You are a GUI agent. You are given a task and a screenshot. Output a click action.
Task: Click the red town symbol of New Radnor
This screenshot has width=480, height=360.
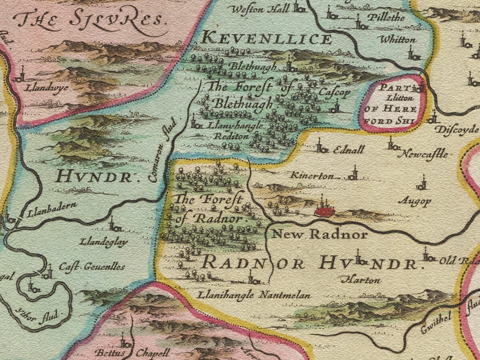pos(324,211)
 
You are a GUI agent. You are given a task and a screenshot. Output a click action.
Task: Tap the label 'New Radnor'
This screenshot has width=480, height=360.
pos(319,234)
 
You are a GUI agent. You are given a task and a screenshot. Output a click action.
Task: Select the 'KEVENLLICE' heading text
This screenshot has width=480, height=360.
pos(266,39)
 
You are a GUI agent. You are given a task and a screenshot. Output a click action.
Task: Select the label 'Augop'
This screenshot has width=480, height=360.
pos(414,202)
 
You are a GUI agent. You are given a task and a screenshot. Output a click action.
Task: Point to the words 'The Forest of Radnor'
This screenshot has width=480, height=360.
pos(210,209)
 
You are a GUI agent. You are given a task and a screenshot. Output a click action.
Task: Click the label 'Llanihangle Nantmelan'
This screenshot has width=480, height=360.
pos(254,296)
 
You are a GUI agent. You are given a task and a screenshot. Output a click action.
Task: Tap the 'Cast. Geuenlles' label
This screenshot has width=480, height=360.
pos(92,267)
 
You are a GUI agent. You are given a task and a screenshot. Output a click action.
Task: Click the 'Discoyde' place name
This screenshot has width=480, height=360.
pos(456,130)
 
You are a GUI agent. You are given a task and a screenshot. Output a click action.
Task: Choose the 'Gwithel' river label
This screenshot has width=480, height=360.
pos(436,323)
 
